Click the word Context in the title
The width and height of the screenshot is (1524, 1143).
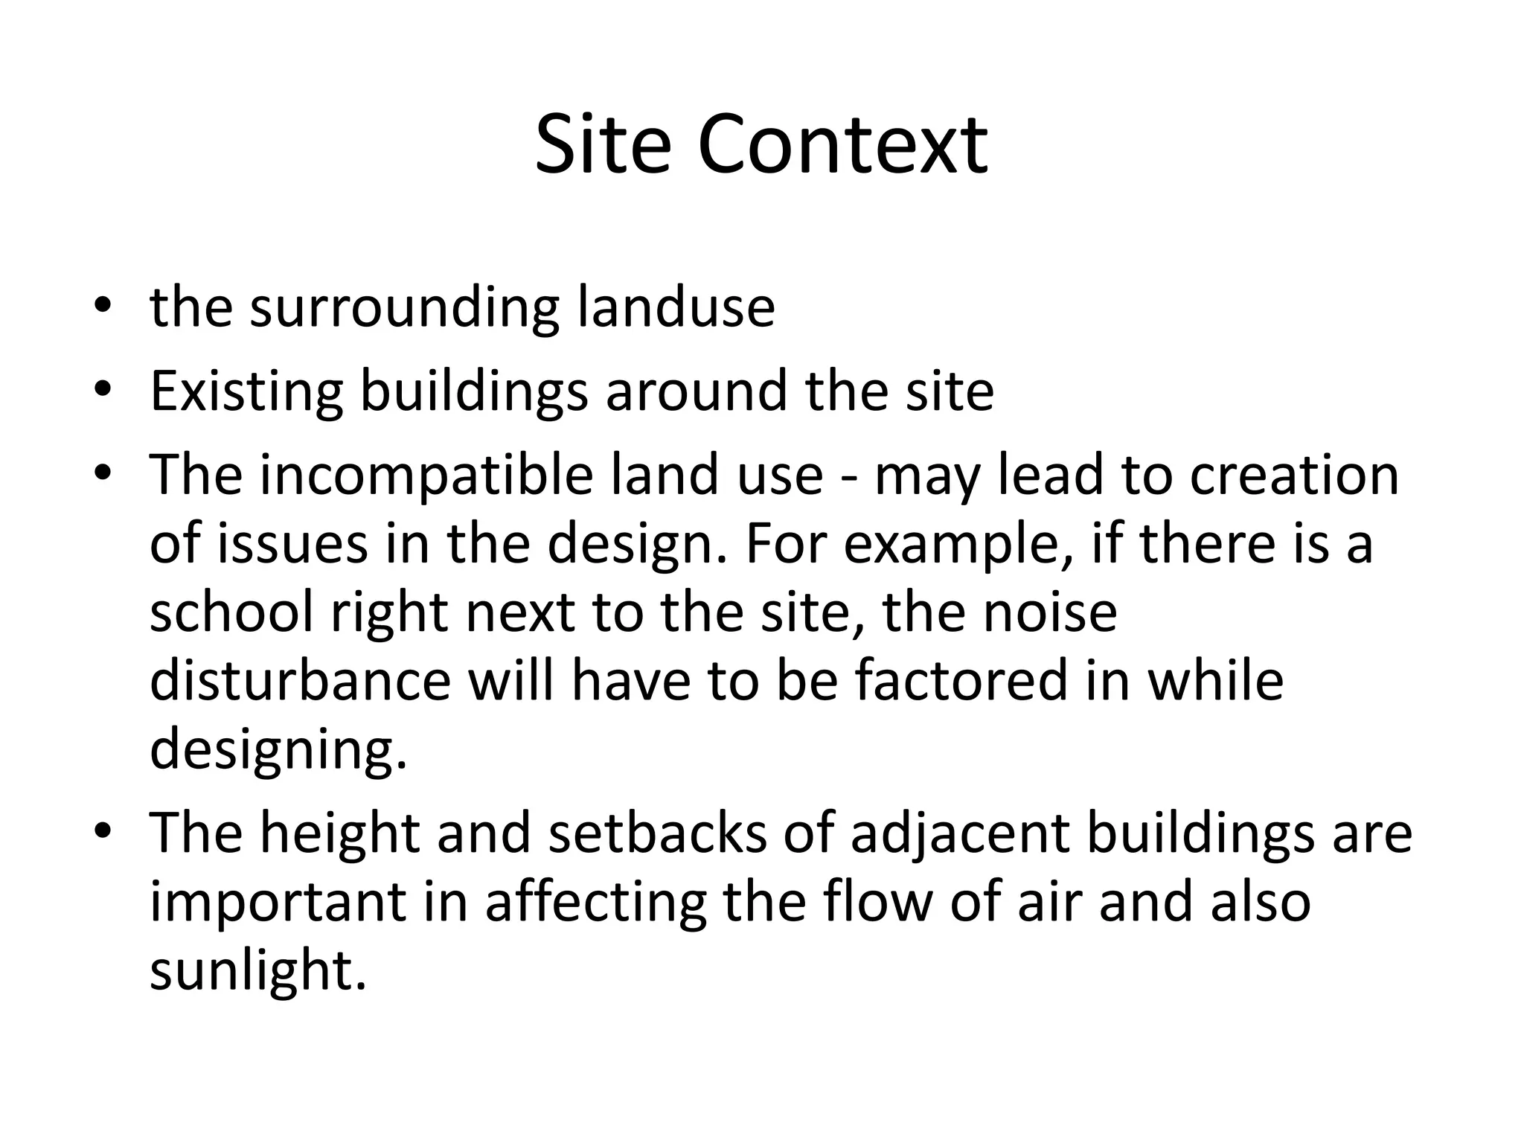coord(842,145)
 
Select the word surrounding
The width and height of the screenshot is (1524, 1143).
coord(405,307)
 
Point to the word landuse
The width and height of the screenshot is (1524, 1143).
coord(676,307)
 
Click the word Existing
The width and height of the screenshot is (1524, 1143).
coord(246,392)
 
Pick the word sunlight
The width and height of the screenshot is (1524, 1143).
coord(258,971)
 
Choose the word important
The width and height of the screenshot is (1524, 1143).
coord(279,903)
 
